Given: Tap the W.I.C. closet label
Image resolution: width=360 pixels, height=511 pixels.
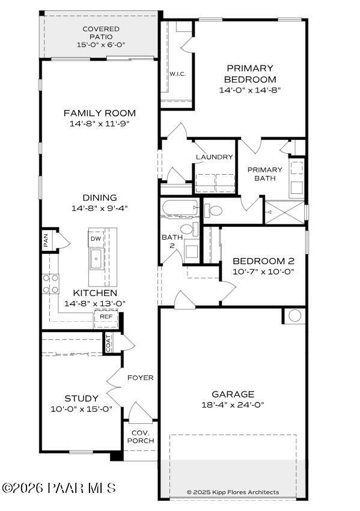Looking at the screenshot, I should click(177, 74).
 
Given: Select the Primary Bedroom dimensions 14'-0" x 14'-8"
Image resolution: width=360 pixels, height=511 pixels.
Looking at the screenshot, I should click(250, 90).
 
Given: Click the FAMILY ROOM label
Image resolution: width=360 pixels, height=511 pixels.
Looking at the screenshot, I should click(100, 113).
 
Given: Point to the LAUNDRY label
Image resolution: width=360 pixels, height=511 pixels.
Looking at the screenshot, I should click(214, 157).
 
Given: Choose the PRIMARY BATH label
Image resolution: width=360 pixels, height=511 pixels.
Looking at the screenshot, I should click(264, 174).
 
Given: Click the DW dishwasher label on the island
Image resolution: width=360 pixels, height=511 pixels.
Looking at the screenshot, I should click(96, 238).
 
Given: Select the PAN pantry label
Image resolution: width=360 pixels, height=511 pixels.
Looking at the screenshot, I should click(46, 241).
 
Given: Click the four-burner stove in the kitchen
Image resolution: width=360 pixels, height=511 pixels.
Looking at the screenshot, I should click(50, 282).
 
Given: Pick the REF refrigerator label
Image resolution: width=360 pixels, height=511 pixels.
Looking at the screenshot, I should click(106, 316).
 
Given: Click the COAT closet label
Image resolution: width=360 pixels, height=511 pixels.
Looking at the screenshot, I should click(109, 343).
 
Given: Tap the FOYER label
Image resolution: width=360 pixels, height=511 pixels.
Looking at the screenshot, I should click(140, 378).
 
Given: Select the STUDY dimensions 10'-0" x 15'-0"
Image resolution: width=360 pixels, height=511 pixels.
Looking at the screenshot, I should click(82, 410).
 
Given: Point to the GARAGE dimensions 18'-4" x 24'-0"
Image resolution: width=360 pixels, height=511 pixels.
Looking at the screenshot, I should click(233, 405).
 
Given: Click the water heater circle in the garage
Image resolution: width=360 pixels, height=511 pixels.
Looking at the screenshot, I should click(294, 315).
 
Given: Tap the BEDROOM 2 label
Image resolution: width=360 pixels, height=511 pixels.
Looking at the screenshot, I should click(263, 261).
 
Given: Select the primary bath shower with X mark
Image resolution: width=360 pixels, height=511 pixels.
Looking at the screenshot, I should click(284, 212).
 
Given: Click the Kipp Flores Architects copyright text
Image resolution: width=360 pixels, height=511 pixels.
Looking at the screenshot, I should click(233, 492).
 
